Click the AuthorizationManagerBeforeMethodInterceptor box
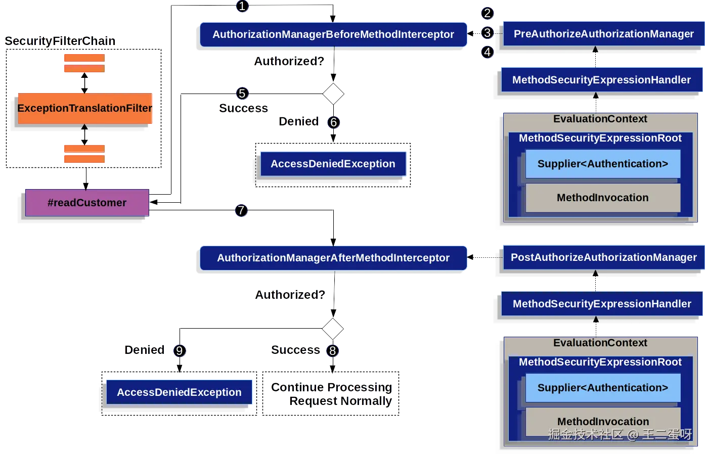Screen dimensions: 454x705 pyautogui.click(x=333, y=34)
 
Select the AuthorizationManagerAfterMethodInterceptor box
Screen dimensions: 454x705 pyautogui.click(x=333, y=258)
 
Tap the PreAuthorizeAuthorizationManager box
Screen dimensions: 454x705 pyautogui.click(x=603, y=34)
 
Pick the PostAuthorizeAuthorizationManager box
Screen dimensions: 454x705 pyautogui.click(x=603, y=257)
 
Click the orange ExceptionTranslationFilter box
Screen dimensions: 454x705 pyautogui.click(x=85, y=108)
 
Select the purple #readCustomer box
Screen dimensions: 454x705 pyautogui.click(x=87, y=203)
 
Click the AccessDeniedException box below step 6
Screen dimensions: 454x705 pyautogui.click(x=333, y=164)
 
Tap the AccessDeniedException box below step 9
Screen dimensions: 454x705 pyautogui.click(x=179, y=392)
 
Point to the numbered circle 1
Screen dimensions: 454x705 pyautogui.click(x=242, y=6)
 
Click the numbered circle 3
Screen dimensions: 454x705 pyautogui.click(x=487, y=33)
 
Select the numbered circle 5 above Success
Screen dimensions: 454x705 pyautogui.click(x=242, y=94)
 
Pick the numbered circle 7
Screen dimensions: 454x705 pyautogui.click(x=241, y=210)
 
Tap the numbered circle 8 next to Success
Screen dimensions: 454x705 pyautogui.click(x=332, y=350)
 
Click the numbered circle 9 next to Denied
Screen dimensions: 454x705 pyautogui.click(x=179, y=351)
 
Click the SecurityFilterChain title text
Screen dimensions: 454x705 pyautogui.click(x=60, y=41)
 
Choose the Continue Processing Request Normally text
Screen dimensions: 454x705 pyautogui.click(x=332, y=394)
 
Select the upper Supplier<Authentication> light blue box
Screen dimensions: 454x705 pyautogui.click(x=602, y=164)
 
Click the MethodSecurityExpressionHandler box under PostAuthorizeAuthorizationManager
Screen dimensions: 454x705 pyautogui.click(x=601, y=304)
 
